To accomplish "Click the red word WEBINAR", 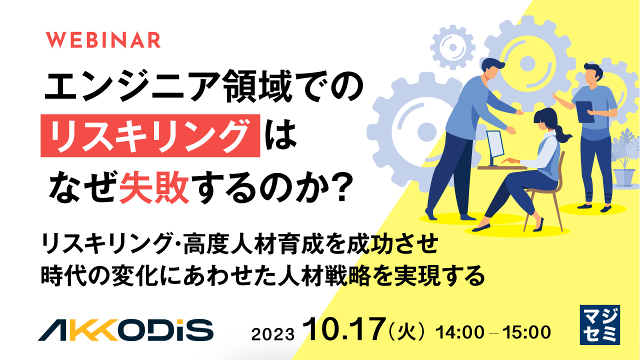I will pos(104,40).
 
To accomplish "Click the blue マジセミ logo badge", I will pos(599,324).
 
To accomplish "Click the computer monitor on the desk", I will pos(494,145).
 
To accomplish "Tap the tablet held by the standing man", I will pos(584,110).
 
